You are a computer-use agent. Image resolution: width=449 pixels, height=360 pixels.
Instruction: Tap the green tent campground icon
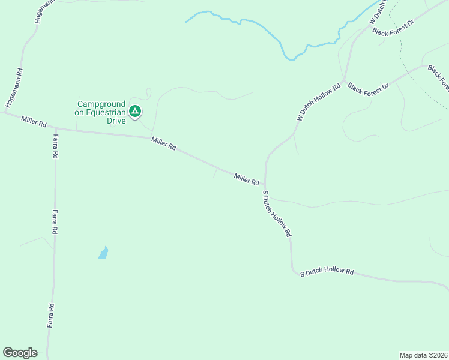click(136, 111)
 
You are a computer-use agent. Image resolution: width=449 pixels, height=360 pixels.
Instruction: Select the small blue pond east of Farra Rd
click(103, 253)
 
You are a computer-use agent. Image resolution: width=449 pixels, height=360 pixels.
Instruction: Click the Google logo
click(20, 353)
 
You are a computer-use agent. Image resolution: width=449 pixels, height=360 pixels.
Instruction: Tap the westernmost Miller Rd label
click(34, 121)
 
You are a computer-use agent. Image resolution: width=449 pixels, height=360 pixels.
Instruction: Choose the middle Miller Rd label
click(164, 144)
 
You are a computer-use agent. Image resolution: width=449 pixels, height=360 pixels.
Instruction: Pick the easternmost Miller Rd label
click(247, 179)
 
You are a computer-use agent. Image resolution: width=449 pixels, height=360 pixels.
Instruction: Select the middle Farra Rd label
click(55, 221)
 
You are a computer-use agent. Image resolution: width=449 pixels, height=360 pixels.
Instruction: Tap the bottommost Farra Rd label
click(52, 315)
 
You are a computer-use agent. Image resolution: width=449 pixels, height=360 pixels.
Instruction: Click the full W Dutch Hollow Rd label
click(319, 102)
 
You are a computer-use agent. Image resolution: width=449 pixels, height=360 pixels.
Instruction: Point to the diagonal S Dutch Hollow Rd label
click(277, 214)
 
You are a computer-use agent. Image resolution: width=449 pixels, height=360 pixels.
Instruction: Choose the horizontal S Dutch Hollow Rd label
click(327, 272)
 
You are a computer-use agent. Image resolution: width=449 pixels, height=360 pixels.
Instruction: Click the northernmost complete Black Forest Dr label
click(393, 28)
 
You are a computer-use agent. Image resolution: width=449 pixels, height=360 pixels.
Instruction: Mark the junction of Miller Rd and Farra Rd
click(55, 128)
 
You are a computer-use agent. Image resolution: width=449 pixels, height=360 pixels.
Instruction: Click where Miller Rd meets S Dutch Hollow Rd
click(265, 185)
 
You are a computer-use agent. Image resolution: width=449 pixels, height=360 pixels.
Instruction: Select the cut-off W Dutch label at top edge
click(377, 13)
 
